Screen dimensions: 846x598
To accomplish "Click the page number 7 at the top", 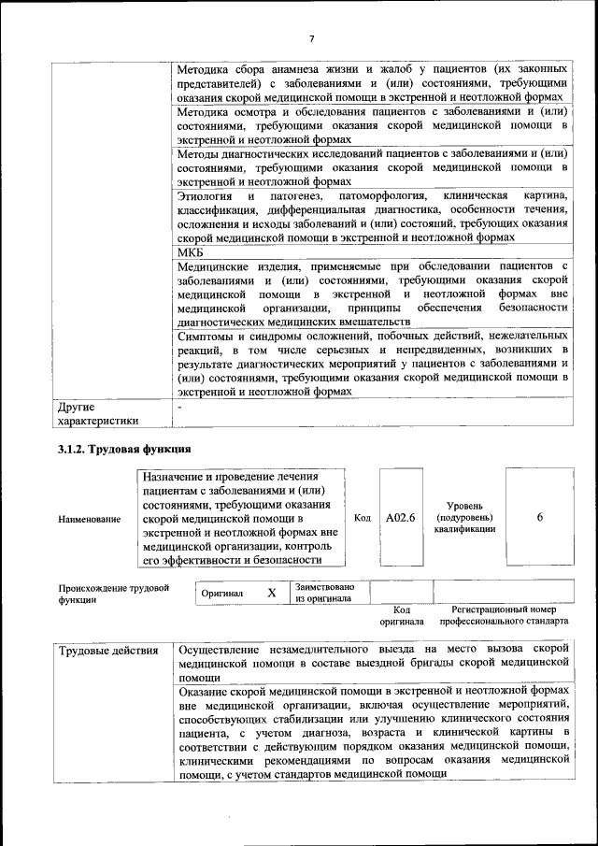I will click(x=311, y=38).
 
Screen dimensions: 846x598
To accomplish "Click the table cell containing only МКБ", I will click(x=191, y=253).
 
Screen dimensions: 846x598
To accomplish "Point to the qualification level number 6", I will click(x=540, y=517).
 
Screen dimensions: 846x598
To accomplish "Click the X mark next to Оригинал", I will click(x=272, y=593).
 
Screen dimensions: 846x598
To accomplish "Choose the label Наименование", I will click(x=89, y=519).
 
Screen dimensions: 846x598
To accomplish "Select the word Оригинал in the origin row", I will click(x=222, y=593).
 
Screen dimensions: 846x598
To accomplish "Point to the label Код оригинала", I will click(x=401, y=615).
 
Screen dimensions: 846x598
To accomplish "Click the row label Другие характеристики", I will click(x=97, y=414).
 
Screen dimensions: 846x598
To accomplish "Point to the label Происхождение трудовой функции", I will click(x=113, y=594).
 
